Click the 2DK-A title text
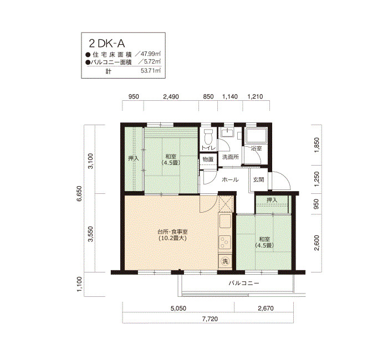click(107, 44)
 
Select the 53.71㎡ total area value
click(151, 71)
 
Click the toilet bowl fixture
click(207, 136)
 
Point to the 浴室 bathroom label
click(256, 148)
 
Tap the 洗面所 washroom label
click(231, 157)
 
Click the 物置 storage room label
click(208, 160)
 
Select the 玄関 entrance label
click(259, 180)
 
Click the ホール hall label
click(230, 179)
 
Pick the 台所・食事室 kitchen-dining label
click(172, 232)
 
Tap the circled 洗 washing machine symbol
click(225, 261)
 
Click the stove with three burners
click(225, 243)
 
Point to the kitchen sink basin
click(225, 222)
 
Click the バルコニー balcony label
click(244, 283)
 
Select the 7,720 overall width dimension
click(210, 319)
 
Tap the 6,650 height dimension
click(79, 194)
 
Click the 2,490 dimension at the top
click(171, 97)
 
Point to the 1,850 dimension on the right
click(317, 145)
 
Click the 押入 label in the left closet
click(134, 158)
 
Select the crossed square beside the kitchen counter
click(226, 204)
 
